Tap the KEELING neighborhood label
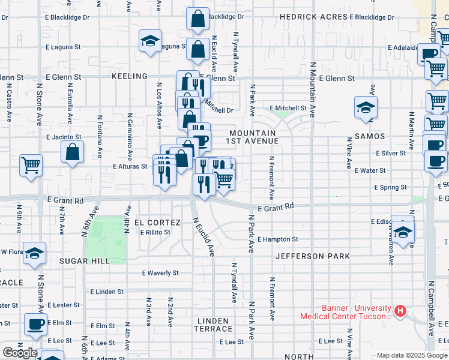pos(129,76)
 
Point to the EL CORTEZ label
pos(157,222)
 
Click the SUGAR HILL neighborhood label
pos(84,261)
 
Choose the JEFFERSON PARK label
pos(313,256)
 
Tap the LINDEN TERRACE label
pos(213,325)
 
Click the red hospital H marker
pos(400,311)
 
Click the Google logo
pos(19,353)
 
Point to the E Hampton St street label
pos(277,239)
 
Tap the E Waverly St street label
pos(160,272)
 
